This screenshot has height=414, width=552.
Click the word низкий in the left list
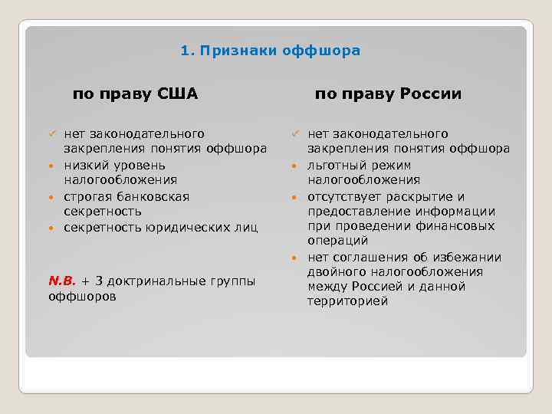tap(84, 165)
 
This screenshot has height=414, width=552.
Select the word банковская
tap(151, 196)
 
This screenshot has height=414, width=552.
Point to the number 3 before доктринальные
tap(100, 281)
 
